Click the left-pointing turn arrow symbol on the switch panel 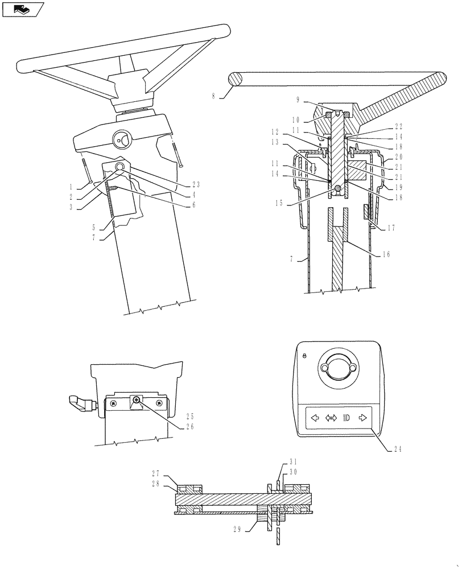click(x=313, y=418)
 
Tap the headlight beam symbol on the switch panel click(x=346, y=418)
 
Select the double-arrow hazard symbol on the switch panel click(x=331, y=418)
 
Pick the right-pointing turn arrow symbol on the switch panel click(x=362, y=418)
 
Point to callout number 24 click(x=397, y=448)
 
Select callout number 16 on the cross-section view click(x=386, y=254)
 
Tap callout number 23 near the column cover click(x=196, y=184)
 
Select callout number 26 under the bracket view click(x=190, y=426)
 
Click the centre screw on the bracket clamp click(x=137, y=401)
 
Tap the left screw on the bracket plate click(x=114, y=403)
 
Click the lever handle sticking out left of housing click(x=80, y=402)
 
